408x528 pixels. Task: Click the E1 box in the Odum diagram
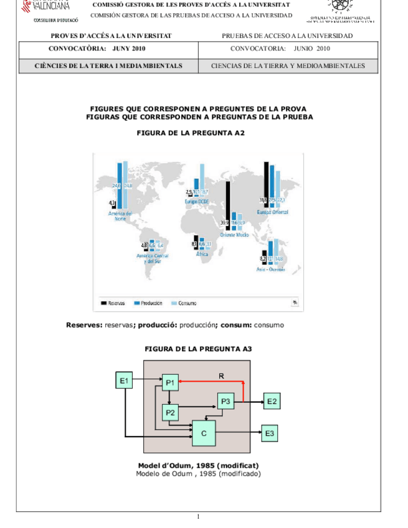[124, 380]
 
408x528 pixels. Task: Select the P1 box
[170, 383]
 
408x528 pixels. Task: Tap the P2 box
[170, 412]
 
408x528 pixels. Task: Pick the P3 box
[225, 402]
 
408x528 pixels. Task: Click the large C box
[204, 433]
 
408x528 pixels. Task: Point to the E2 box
[272, 402]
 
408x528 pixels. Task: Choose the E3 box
[269, 433]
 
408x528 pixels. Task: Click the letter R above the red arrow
[221, 375]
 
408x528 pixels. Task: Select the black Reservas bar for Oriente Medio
[228, 205]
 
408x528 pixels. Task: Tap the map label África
[202, 254]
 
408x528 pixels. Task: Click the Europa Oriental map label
[272, 212]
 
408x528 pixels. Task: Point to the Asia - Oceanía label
[270, 269]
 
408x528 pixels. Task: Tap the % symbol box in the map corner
[294, 303]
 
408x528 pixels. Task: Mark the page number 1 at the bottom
[198, 516]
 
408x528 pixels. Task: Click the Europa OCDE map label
[197, 202]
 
